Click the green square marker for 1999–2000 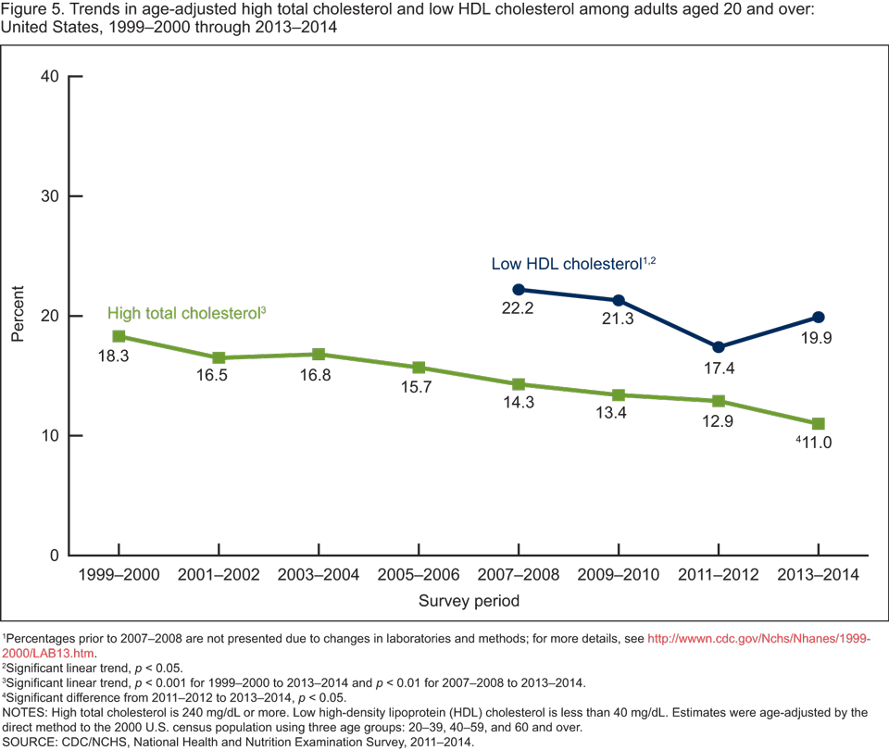[119, 336]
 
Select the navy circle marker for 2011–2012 [719, 347]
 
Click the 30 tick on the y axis [49, 196]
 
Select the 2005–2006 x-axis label [419, 575]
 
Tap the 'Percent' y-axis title [19, 316]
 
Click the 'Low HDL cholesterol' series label [567, 264]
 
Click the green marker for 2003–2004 [319, 355]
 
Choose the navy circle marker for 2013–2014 [819, 318]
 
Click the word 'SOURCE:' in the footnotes [28, 742]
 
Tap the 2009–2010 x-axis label [619, 575]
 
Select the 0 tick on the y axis [54, 556]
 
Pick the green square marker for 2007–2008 [519, 384]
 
